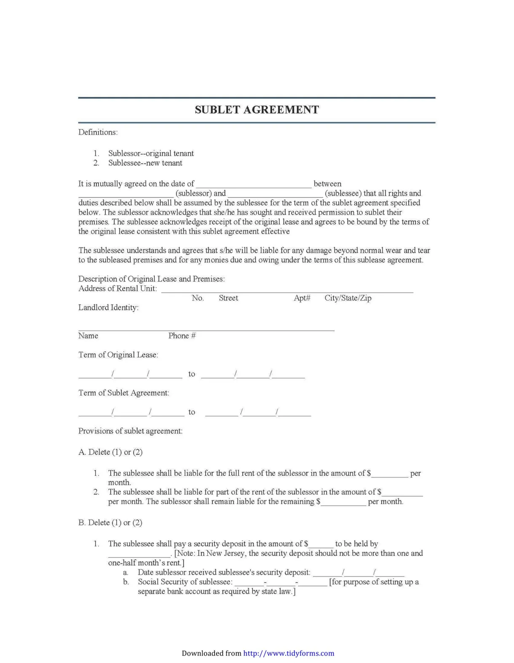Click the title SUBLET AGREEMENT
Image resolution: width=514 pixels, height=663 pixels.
click(257, 110)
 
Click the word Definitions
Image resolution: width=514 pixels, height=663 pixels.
click(98, 132)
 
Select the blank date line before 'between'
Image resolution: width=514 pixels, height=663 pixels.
click(254, 185)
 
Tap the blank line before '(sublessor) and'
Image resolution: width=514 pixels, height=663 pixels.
click(126, 194)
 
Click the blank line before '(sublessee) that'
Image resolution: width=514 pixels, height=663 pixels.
click(276, 194)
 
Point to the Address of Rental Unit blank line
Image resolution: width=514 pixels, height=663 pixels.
click(287, 290)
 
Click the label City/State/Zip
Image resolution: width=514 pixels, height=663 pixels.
click(348, 298)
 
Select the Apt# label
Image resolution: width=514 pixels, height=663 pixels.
click(302, 298)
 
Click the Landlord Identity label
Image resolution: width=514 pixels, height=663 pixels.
click(108, 308)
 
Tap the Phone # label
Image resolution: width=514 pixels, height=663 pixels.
click(182, 336)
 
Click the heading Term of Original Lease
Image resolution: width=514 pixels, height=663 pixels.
click(118, 355)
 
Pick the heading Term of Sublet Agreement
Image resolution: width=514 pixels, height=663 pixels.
click(123, 393)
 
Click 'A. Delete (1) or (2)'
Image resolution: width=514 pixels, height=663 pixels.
click(110, 452)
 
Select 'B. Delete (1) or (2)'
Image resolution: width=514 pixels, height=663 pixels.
click(110, 523)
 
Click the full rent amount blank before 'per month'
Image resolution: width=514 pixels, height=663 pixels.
click(390, 474)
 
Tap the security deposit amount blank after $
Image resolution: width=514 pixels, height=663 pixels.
click(321, 545)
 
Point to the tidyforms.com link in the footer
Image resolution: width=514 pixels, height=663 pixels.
click(289, 653)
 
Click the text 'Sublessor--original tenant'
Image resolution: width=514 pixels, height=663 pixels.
click(151, 154)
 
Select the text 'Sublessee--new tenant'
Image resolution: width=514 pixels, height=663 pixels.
click(145, 163)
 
